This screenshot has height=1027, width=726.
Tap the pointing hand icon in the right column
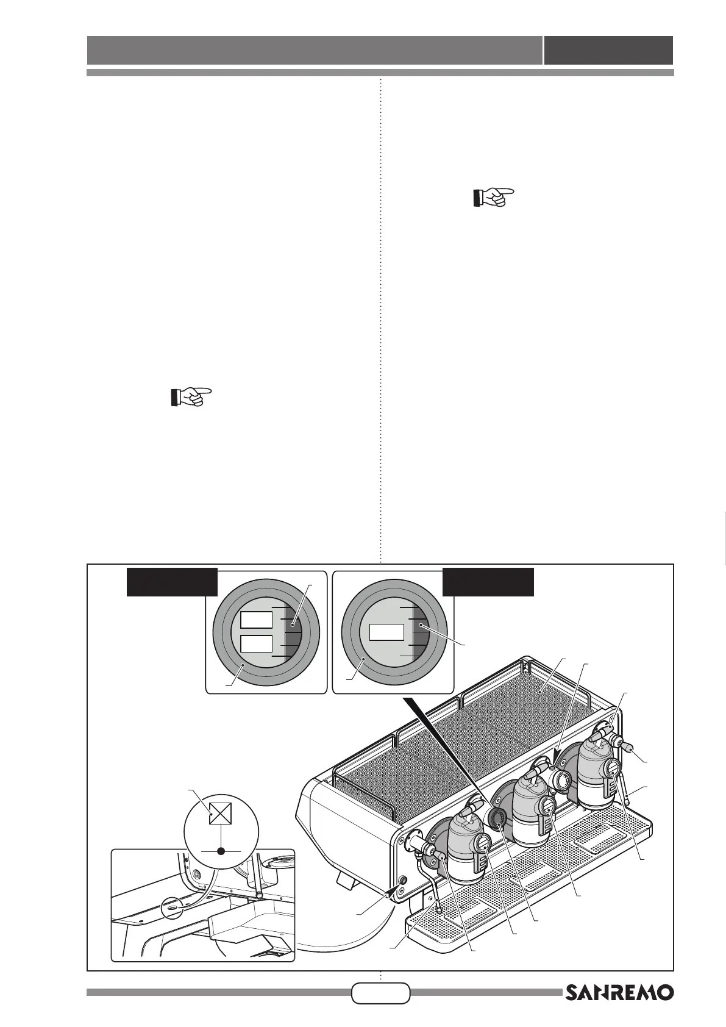(494, 198)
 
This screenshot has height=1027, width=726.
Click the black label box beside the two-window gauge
(172, 582)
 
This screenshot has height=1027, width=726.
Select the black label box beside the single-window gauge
(488, 582)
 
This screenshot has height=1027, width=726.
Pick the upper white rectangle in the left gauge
(256, 620)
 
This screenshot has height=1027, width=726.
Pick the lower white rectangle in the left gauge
(256, 644)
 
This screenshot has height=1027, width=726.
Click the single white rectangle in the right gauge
(387, 632)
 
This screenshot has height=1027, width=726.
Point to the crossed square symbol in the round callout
(219, 813)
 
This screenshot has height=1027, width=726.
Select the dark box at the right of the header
(608, 50)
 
